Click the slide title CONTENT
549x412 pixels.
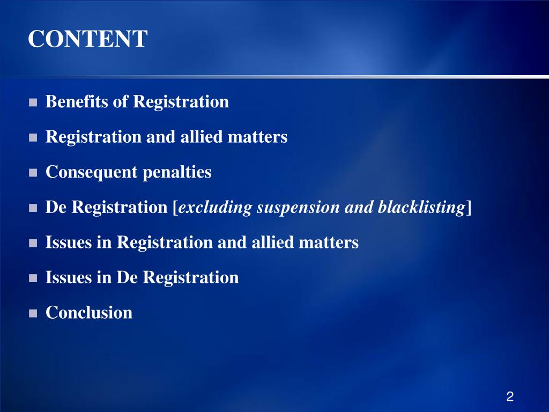pyautogui.click(x=87, y=39)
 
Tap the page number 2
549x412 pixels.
pyautogui.click(x=510, y=396)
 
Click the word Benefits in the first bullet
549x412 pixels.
pyautogui.click(x=77, y=101)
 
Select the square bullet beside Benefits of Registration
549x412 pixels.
pyautogui.click(x=33, y=102)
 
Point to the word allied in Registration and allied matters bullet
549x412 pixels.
pyautogui.click(x=202, y=136)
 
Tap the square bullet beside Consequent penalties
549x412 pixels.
pyautogui.click(x=33, y=173)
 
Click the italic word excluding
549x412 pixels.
pyautogui.click(x=215, y=208)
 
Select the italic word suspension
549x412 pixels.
pyautogui.click(x=298, y=208)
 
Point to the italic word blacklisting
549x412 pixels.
pyautogui.click(x=421, y=208)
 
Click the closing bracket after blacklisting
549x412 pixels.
pyautogui.click(x=469, y=208)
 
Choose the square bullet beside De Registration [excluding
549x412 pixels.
pyautogui.click(x=33, y=208)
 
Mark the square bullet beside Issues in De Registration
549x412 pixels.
pyautogui.click(x=33, y=278)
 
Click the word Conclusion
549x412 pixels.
pyautogui.click(x=89, y=312)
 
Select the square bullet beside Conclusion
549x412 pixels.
pyautogui.click(x=33, y=313)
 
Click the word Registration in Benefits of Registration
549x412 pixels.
pyautogui.click(x=181, y=102)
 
